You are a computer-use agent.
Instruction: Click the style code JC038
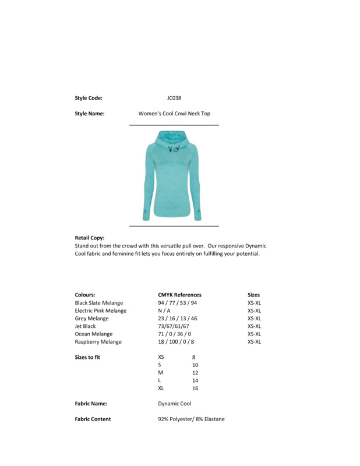(174, 98)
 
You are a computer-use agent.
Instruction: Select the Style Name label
(90, 114)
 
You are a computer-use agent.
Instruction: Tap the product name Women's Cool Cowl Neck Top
(174, 114)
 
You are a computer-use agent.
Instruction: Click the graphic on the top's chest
(174, 149)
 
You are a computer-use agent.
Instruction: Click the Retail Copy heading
(90, 238)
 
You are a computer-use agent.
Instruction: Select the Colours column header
(85, 295)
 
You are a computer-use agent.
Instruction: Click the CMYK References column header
(179, 295)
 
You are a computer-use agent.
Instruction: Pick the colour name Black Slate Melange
(99, 303)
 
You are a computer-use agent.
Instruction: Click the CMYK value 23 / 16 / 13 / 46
(178, 319)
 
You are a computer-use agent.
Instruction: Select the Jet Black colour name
(85, 326)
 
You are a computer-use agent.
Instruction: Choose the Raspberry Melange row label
(98, 342)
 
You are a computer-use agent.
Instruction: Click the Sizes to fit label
(87, 357)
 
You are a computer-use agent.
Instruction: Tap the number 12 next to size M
(195, 373)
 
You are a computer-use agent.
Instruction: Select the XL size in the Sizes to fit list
(161, 388)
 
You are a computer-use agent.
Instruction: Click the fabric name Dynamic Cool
(174, 403)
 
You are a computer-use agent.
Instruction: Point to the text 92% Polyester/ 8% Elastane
(191, 419)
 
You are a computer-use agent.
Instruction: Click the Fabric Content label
(93, 419)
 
